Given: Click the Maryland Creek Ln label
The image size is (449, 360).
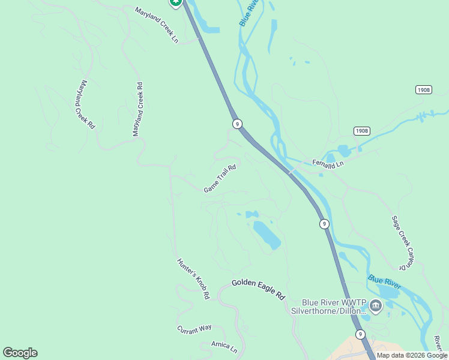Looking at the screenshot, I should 157,25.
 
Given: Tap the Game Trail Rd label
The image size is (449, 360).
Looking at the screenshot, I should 220,179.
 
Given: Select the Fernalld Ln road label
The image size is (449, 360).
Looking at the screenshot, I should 328,163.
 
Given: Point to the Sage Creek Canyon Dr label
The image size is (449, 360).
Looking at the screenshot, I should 403,242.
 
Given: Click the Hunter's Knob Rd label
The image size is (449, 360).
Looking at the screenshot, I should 193,278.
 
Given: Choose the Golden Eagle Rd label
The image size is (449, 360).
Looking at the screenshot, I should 258,289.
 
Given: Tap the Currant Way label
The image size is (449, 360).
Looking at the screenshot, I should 194,328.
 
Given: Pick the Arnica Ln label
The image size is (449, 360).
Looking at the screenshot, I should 224,347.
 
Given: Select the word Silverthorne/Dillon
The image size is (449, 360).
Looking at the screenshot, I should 328,311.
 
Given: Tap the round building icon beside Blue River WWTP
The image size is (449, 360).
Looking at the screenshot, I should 376,307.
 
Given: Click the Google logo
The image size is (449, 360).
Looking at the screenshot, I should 20,353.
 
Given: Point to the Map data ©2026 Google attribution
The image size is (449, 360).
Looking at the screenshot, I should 412,355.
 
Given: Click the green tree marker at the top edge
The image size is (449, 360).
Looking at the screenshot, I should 175,2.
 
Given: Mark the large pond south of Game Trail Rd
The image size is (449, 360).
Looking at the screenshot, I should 266,235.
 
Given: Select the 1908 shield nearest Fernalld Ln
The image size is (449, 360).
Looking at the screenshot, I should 361,131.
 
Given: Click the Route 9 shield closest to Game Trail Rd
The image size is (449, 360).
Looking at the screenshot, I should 238,124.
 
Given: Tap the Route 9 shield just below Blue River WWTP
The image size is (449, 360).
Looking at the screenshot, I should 360,334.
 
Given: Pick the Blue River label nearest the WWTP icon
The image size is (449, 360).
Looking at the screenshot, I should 384,280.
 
